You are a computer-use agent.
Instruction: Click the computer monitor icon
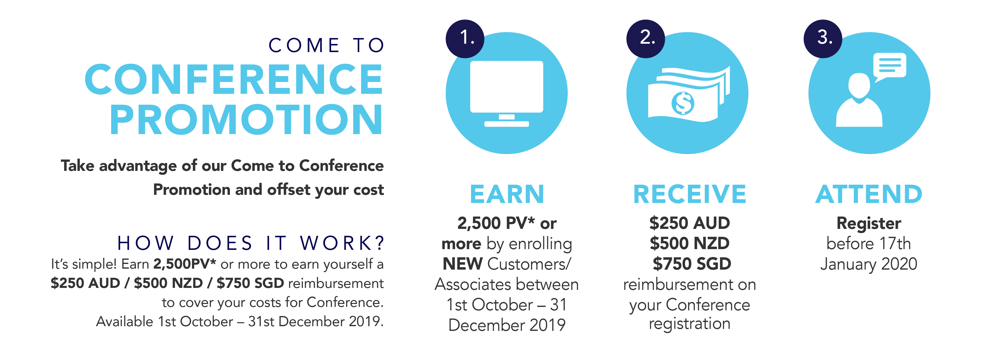(x=506, y=94)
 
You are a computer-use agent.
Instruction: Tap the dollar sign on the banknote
(x=683, y=103)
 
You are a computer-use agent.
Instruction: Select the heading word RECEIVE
(x=689, y=194)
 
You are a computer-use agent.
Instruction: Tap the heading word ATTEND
(x=869, y=194)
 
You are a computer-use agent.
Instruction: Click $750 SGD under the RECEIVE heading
(x=692, y=264)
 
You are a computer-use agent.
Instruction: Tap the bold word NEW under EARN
(x=463, y=264)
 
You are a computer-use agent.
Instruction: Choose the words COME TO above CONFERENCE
(x=326, y=45)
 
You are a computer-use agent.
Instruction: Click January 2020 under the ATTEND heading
(x=869, y=264)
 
